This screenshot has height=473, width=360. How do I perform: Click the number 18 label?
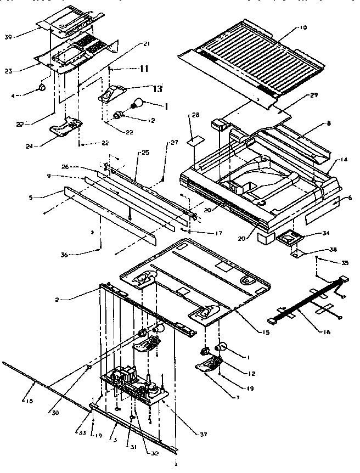point(29,402)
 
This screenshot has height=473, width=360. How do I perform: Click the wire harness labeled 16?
point(307,305)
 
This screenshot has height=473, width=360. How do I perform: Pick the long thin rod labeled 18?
point(44,387)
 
